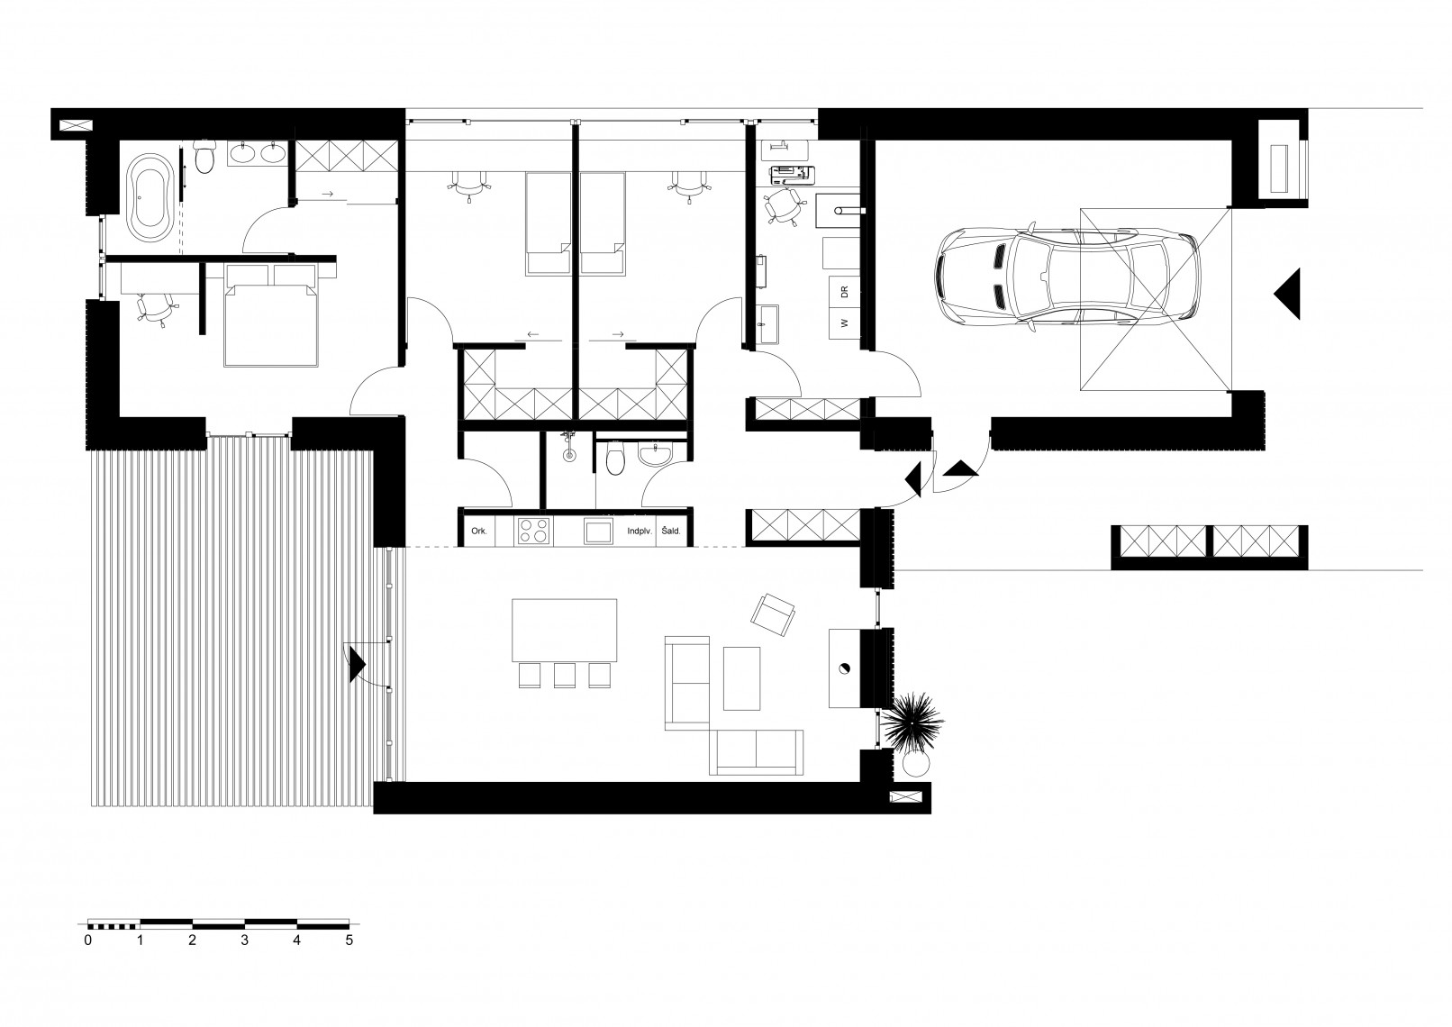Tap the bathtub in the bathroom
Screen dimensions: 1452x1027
[x=149, y=198]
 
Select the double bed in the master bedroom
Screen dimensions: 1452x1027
[x=271, y=315]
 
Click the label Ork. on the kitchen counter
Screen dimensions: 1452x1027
[x=479, y=531]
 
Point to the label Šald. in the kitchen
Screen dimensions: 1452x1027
[x=671, y=531]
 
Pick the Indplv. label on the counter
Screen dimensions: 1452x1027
[x=639, y=531]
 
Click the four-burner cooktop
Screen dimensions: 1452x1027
[x=533, y=531]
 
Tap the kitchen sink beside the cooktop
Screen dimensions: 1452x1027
[x=598, y=531]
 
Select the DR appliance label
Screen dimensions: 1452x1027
[x=844, y=292]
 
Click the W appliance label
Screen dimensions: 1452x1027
[x=844, y=323]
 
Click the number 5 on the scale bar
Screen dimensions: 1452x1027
[x=349, y=941]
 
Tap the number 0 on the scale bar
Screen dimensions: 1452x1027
[x=88, y=941]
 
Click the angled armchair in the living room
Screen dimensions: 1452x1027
[x=773, y=614]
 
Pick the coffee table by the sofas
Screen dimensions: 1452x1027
[x=742, y=678]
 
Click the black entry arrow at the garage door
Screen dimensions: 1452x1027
[x=1287, y=294]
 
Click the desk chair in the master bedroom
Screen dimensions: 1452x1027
[x=157, y=309]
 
